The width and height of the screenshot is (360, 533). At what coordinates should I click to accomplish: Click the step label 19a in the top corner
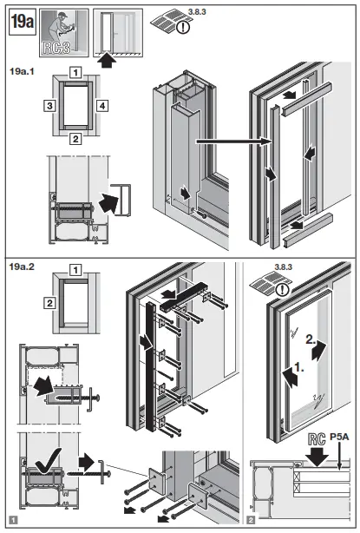(22, 23)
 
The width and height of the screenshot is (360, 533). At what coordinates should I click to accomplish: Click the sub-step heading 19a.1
(23, 67)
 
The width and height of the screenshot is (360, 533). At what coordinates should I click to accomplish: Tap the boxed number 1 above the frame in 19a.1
(76, 72)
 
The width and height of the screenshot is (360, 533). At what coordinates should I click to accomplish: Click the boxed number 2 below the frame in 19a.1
(76, 138)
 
